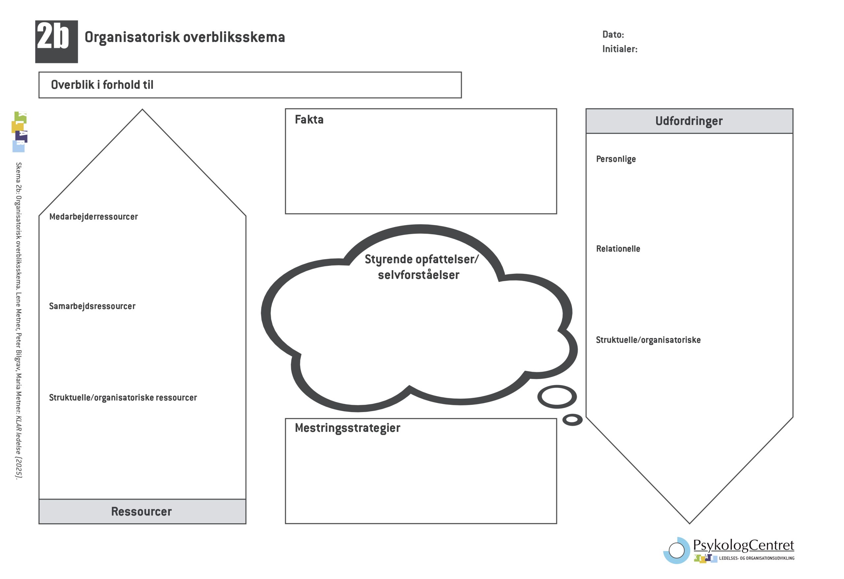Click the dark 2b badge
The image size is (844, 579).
pos(56,42)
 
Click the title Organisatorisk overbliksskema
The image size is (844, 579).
pos(185,37)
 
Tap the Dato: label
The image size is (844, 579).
pos(613,35)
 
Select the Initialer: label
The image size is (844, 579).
pos(619,49)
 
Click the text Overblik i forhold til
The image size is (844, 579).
pos(102,85)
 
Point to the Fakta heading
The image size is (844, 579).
pos(309,119)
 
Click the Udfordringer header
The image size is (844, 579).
pos(689,121)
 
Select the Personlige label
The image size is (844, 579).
pos(616,159)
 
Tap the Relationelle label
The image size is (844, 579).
pos(618,249)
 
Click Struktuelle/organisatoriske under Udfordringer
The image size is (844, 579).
pos(648,340)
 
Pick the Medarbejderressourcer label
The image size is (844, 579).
pos(93,217)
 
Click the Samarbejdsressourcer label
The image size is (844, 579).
pos(92,306)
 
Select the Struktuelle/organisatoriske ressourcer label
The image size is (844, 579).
pos(123,398)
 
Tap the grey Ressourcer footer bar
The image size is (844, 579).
pos(142,511)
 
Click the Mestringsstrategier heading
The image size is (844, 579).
pos(347,428)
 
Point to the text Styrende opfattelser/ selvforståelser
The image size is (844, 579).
pos(420,267)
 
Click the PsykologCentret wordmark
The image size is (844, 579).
pos(743,545)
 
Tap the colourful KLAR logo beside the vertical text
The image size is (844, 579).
pos(19,132)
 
